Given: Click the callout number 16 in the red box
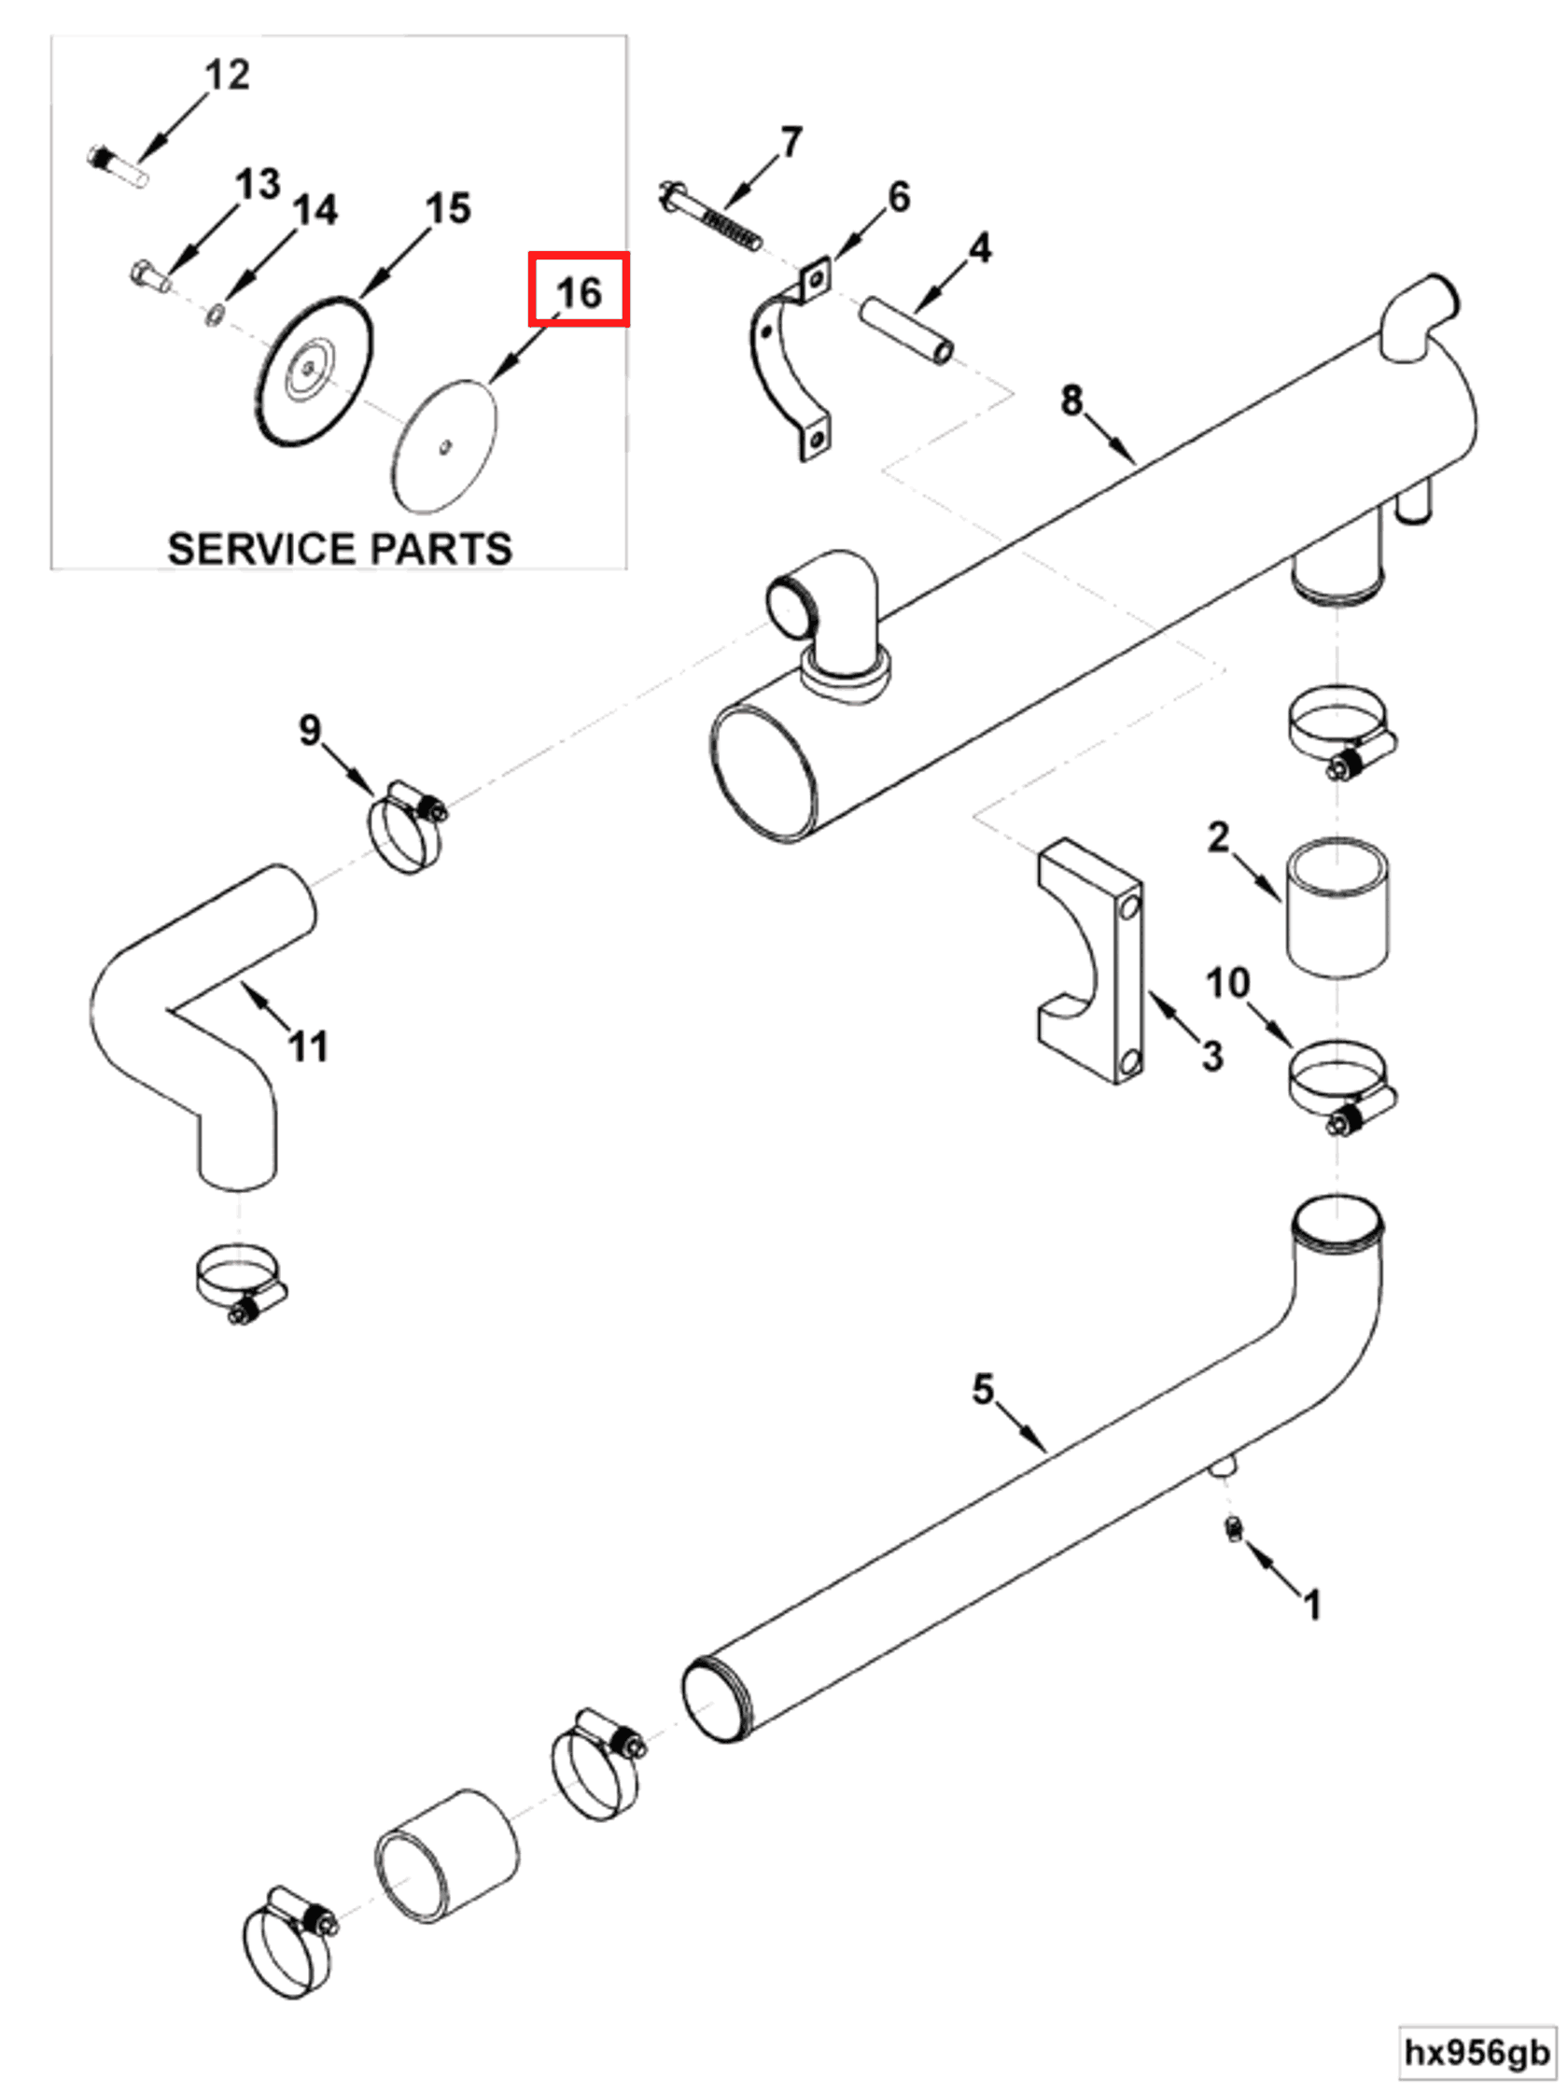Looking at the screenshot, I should click(x=579, y=291).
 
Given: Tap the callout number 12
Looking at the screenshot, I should click(x=227, y=75).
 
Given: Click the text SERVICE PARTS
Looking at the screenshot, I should click(x=340, y=548).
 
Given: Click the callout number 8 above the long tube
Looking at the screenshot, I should click(x=1070, y=400).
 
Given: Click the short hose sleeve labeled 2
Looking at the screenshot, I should click(x=1337, y=907).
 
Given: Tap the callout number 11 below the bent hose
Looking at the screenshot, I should click(x=308, y=1046).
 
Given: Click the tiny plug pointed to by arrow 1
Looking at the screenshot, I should click(x=1233, y=1527).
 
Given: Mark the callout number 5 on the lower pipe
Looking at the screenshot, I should click(x=983, y=1389).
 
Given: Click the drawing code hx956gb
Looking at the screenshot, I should click(x=1477, y=2052).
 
